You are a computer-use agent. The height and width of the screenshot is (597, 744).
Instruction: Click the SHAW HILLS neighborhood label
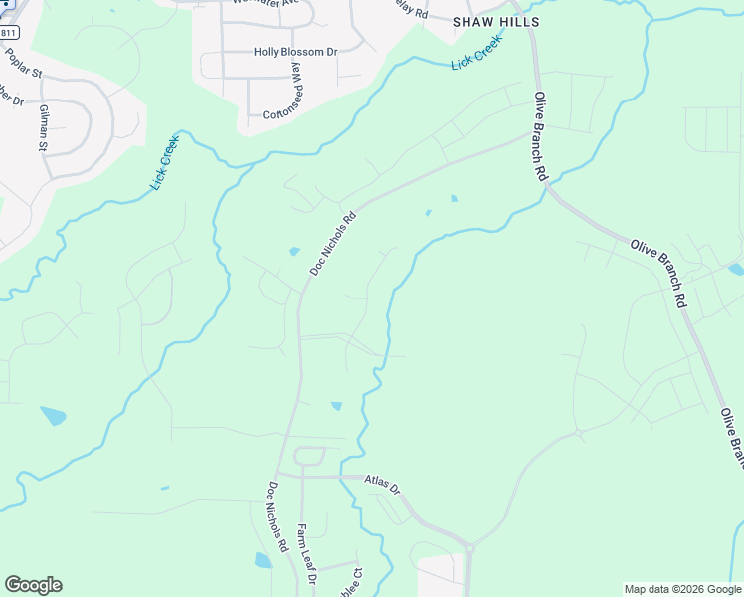[495, 22]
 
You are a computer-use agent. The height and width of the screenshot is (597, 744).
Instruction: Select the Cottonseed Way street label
[296, 88]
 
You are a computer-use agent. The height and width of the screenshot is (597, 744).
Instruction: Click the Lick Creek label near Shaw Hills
[476, 56]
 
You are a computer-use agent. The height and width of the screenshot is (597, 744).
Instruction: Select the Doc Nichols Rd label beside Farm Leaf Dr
[276, 517]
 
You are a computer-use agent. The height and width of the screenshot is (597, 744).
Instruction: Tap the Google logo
[33, 585]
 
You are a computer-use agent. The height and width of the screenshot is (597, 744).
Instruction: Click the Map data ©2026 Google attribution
[681, 589]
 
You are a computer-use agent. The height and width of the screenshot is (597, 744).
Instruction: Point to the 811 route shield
[8, 32]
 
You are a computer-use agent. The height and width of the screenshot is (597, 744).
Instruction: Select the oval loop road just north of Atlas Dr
[309, 457]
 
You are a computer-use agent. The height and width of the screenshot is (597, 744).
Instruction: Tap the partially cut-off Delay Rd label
[409, 13]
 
